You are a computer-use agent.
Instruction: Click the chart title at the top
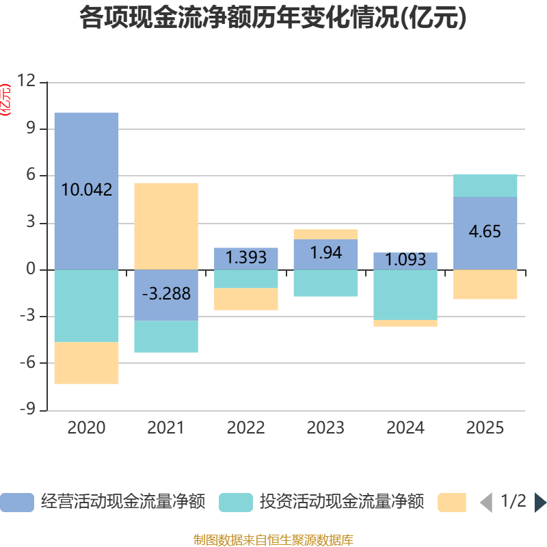coord(273,18)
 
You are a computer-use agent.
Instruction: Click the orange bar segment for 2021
coord(166,226)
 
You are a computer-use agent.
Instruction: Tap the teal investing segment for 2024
coord(405,295)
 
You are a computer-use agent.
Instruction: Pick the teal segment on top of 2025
coord(485,185)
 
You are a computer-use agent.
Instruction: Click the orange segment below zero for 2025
coord(485,284)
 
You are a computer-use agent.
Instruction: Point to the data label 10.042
coord(87,190)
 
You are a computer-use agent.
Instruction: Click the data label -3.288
coord(166,295)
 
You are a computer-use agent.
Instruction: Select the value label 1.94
coord(325,253)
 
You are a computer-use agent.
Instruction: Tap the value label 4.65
coord(485,232)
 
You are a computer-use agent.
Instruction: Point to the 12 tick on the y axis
coord(27,82)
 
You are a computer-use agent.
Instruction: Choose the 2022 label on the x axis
coord(246,428)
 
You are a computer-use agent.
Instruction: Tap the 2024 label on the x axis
coord(405,428)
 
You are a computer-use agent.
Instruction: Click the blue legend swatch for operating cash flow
coord(17,503)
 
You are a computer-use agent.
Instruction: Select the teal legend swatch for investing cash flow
coord(236,503)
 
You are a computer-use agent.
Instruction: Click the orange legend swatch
coord(452,503)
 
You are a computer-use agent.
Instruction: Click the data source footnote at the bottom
coord(273,540)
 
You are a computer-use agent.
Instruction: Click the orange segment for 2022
coord(246,299)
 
